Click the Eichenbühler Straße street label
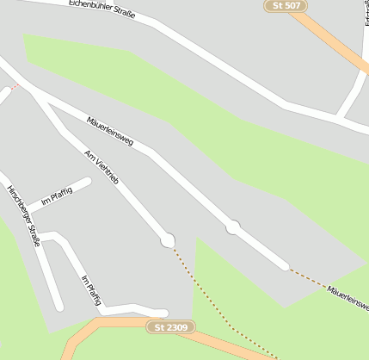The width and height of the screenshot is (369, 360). pos(101,16)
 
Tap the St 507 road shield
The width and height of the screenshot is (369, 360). pos(286,6)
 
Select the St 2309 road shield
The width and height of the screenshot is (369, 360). pos(171,327)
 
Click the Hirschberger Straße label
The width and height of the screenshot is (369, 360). pos(23,215)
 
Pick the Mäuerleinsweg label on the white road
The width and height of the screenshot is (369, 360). pos(110,130)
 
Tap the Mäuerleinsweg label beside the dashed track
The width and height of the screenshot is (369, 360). pos(347,297)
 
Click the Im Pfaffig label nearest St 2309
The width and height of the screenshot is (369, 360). pos(90,291)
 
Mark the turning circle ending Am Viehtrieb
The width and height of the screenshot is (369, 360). pos(168,240)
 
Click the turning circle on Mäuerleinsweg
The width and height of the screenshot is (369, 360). pos(232,227)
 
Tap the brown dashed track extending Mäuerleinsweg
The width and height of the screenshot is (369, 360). pos(307,277)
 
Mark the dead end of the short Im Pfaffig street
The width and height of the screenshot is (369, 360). pos(87,182)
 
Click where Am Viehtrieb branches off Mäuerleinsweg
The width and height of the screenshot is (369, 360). pos(34,92)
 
